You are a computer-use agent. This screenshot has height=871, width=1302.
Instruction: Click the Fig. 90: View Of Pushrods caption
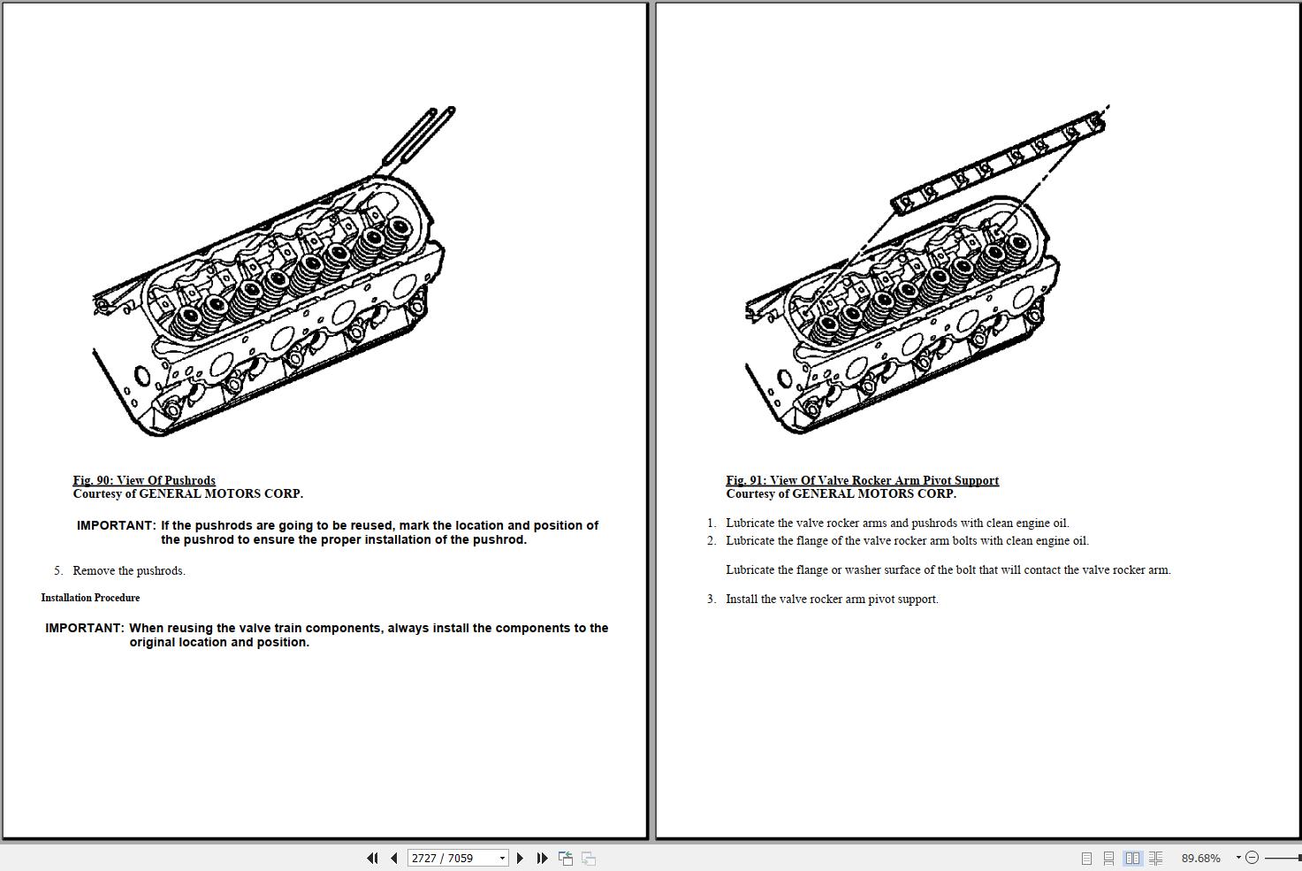coord(144,480)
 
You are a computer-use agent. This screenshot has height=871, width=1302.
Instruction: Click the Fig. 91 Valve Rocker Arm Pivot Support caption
coord(862,480)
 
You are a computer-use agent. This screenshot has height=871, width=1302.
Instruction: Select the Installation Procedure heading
coord(90,598)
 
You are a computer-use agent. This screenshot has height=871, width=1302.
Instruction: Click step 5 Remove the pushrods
coord(129,570)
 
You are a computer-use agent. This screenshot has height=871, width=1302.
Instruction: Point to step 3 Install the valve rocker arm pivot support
coord(832,599)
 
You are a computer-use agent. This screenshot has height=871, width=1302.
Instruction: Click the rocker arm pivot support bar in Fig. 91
coord(999,164)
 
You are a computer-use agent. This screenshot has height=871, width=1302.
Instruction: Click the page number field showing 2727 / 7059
coord(452,858)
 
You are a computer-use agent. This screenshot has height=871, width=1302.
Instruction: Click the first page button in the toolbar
coord(372,858)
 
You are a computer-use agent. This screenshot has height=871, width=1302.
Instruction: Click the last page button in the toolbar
coord(542,858)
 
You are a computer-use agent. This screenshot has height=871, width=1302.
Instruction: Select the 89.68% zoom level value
coord(1200,858)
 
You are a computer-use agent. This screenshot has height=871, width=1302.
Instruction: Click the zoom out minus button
coord(1252,858)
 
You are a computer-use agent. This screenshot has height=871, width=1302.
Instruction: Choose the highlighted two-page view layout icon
coord(1132,858)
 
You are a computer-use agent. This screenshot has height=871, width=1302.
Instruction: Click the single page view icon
coord(1086,858)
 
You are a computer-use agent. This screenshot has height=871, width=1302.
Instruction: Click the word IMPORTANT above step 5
coord(116,525)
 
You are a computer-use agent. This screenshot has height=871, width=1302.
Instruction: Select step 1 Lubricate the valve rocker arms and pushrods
coord(897,523)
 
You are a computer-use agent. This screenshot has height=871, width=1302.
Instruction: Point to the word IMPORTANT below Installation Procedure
coord(85,628)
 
